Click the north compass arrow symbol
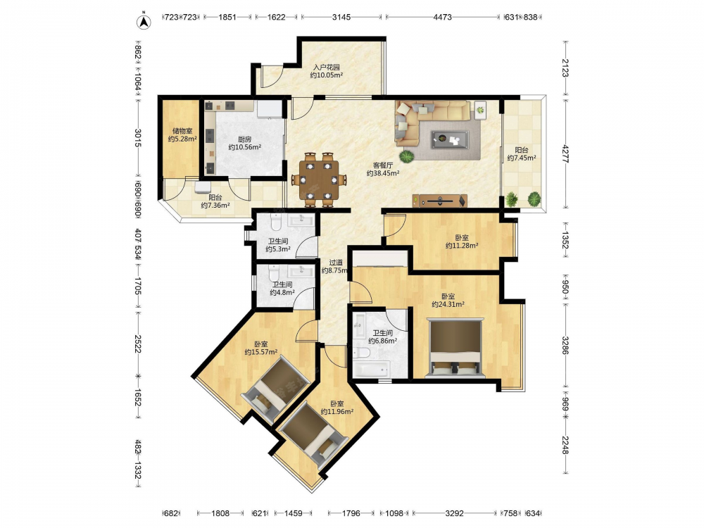(143, 22)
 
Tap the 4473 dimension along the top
(442, 17)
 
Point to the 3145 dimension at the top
(341, 17)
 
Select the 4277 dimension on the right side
(565, 153)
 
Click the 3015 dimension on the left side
(138, 138)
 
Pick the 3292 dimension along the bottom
(454, 513)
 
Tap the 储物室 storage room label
(182, 131)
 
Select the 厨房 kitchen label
(244, 139)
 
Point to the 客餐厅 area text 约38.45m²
(383, 173)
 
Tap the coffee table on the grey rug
(450, 139)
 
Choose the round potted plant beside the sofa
(406, 156)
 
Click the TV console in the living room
(440, 201)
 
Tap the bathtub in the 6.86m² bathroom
(370, 369)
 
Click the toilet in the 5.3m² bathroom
(276, 221)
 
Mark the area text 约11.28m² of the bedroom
(462, 246)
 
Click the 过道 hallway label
(336, 263)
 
